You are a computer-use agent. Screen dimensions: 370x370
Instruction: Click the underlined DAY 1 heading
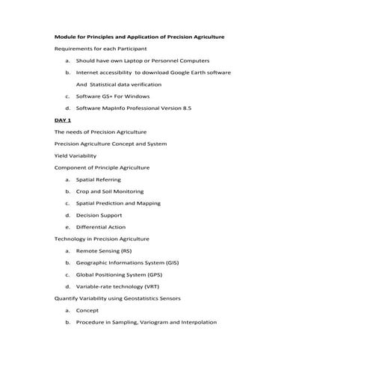coord(63,120)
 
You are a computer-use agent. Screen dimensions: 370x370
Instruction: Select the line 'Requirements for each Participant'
coord(100,49)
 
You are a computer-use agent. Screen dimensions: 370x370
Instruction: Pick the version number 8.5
coord(186,108)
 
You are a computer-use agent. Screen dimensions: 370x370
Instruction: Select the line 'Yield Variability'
coord(75,155)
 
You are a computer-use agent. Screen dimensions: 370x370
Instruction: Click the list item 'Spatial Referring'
coord(98,179)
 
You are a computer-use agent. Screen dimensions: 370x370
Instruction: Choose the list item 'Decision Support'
coord(99,215)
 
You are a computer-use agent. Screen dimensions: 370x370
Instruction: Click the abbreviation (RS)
coord(123,251)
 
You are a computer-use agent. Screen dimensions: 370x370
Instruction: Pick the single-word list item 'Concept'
coord(87,310)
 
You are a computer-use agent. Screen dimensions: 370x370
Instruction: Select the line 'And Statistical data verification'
coord(119,84)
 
